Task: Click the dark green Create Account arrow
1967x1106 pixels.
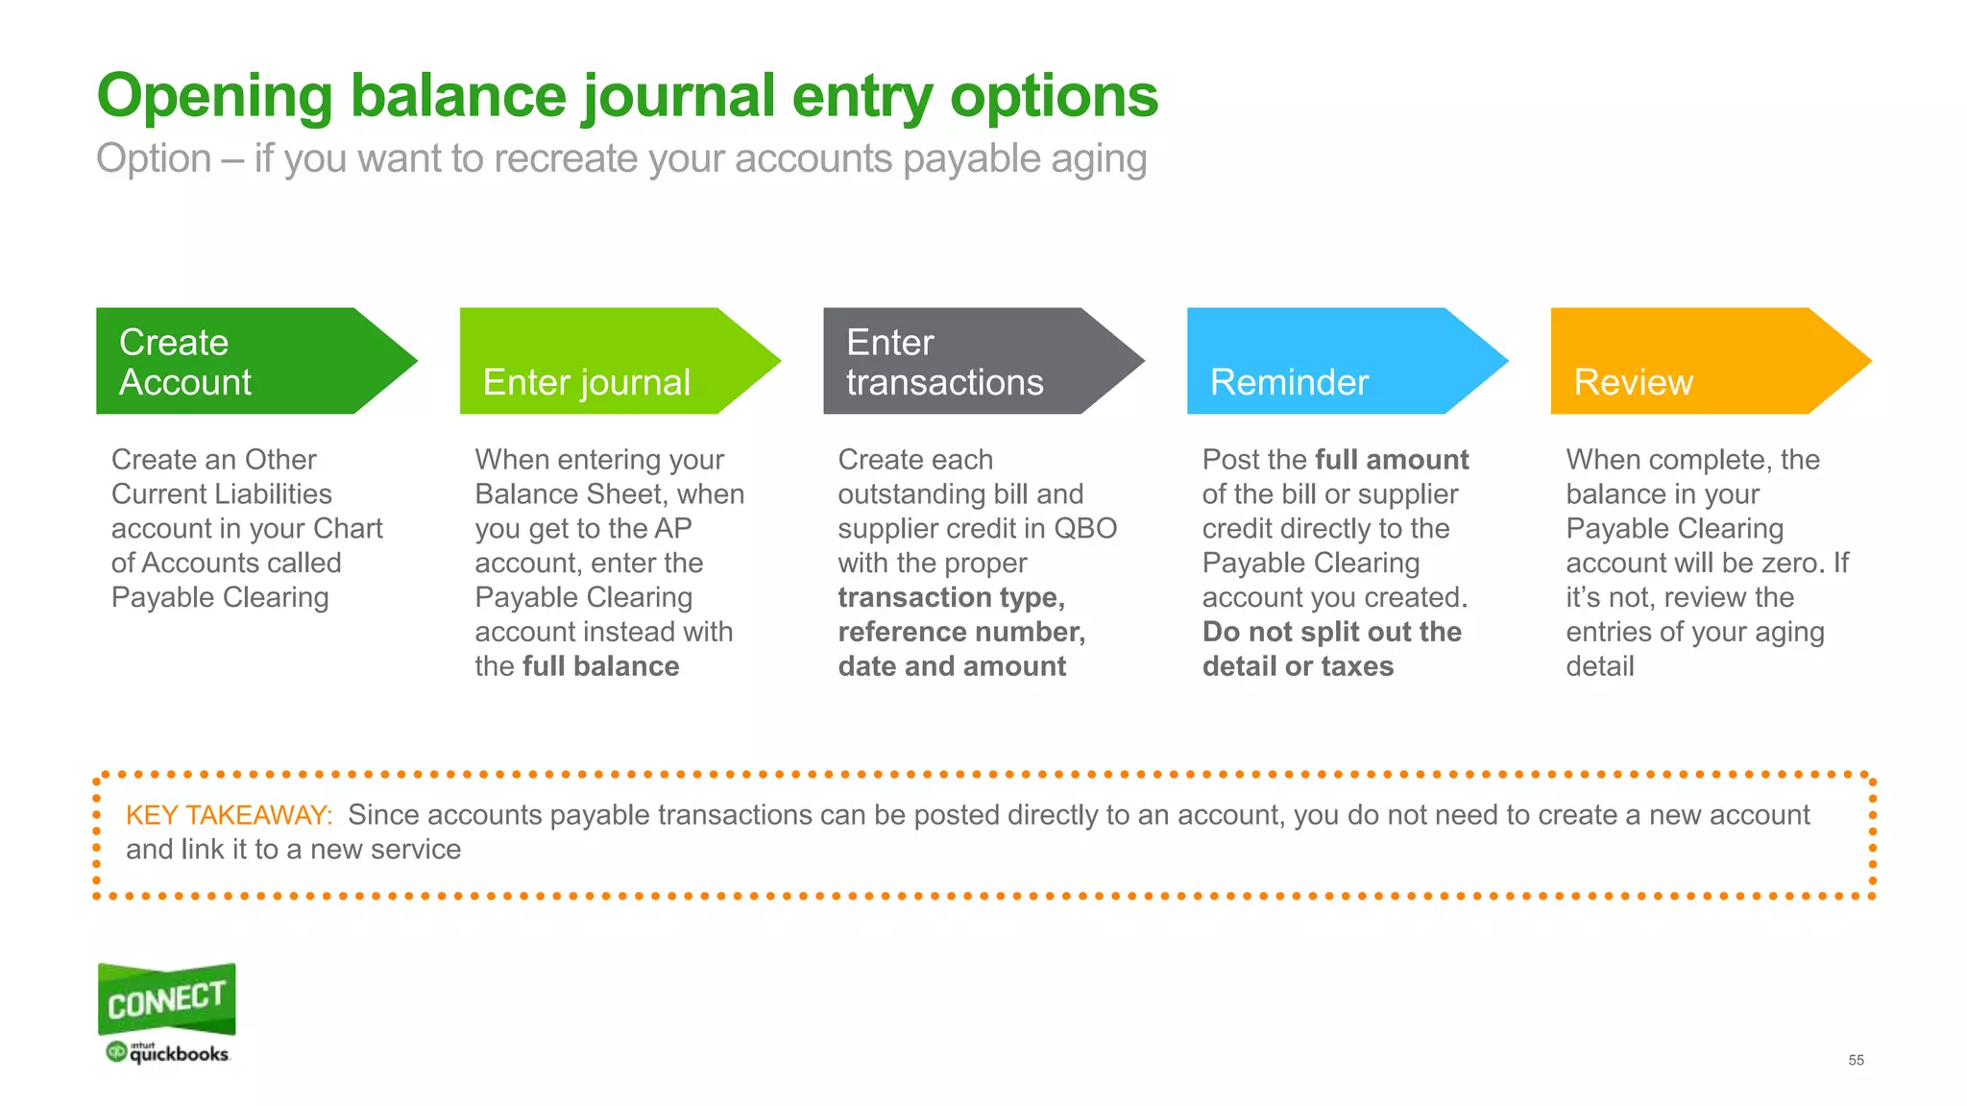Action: [240, 361]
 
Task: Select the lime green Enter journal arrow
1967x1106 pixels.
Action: [605, 361]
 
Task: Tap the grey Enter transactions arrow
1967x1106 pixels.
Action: [968, 361]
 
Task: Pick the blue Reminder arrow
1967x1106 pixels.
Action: [1332, 361]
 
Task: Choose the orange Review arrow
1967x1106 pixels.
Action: [1696, 361]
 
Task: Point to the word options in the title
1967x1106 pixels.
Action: [1054, 97]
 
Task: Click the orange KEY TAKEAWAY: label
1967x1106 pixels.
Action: [229, 815]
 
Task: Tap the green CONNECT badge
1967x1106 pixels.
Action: [167, 998]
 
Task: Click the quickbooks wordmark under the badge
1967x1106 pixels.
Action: [179, 1054]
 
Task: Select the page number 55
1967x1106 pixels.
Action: [1856, 1060]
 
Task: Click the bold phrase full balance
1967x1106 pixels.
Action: [600, 666]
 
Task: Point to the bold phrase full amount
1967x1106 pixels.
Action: [1392, 460]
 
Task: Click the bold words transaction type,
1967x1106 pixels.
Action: [951, 597]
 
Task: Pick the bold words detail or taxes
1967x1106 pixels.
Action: [1298, 666]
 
